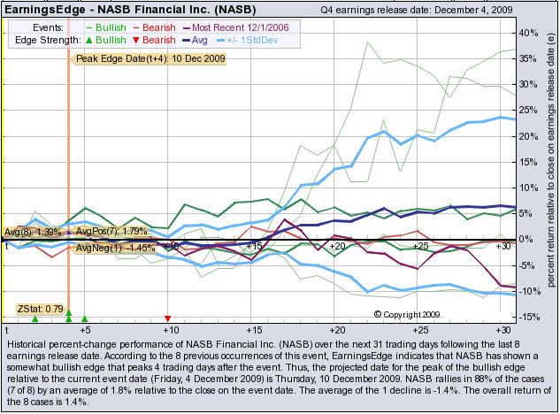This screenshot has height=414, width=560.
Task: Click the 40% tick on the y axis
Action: tap(528, 34)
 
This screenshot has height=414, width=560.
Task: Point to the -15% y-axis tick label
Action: tap(528, 316)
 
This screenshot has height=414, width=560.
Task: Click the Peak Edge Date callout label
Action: tap(150, 58)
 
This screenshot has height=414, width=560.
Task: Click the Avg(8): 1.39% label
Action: tap(32, 232)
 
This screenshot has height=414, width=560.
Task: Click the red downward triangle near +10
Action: tap(168, 318)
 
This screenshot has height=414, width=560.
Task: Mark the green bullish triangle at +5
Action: tap(85, 318)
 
